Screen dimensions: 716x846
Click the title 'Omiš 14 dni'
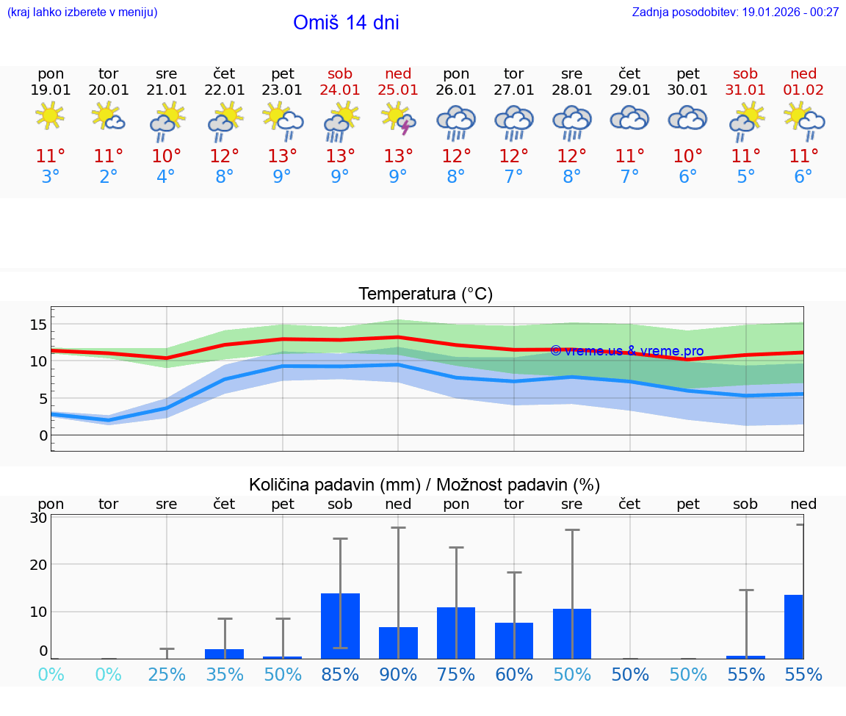(x=346, y=23)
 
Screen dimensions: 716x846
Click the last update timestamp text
(x=735, y=12)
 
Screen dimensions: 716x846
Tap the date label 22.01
(x=225, y=90)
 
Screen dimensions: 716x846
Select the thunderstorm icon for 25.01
(x=398, y=118)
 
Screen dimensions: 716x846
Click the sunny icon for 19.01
(x=50, y=116)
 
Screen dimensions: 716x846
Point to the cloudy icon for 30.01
(x=687, y=118)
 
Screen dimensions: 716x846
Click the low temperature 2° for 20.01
(x=109, y=177)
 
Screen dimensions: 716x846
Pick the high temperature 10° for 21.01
(x=167, y=156)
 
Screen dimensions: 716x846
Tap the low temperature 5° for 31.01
(x=745, y=177)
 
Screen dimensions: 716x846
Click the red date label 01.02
(x=803, y=90)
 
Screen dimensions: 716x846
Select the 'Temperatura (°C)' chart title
(x=425, y=294)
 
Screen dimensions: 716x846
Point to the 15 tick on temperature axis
(x=39, y=325)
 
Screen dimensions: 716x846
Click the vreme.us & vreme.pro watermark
(x=626, y=351)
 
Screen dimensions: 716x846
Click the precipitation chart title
(x=424, y=485)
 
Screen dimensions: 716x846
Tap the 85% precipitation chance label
(x=341, y=674)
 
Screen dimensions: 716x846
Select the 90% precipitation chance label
(x=398, y=674)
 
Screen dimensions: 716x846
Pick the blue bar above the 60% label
(x=514, y=640)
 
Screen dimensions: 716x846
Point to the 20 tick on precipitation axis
(x=39, y=564)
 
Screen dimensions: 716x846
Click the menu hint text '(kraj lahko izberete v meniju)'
(x=82, y=12)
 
